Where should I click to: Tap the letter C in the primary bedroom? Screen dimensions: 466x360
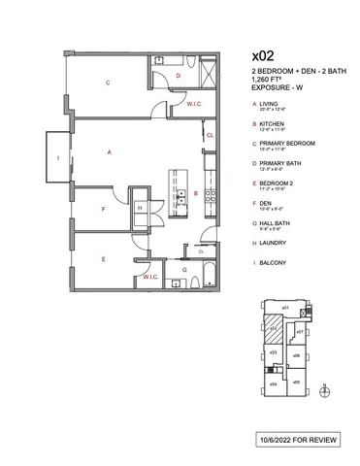click(109, 83)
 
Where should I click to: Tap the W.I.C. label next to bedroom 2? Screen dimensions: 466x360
click(150, 277)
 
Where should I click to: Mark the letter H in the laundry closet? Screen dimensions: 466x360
click(142, 207)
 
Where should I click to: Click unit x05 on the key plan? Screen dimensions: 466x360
click(297, 383)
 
